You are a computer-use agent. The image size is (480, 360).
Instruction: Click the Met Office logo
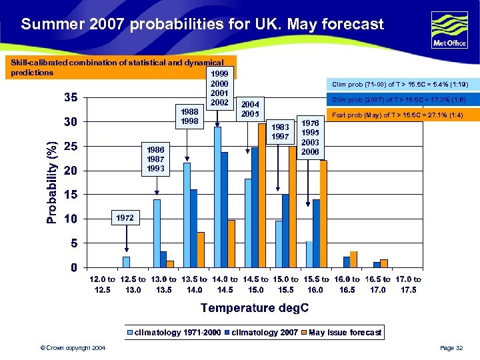coord(449,29)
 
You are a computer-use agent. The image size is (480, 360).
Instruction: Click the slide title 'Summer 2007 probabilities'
coord(202,25)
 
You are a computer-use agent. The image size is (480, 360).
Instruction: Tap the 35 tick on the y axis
coord(70,97)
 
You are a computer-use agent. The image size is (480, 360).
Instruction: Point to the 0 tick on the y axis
coord(75,267)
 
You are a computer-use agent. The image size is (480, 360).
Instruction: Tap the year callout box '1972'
coord(125,218)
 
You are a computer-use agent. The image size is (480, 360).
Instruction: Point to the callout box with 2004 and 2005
coord(250,109)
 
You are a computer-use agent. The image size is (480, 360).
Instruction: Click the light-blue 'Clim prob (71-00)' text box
coord(400,85)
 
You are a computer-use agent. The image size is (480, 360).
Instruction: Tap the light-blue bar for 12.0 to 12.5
coord(126,262)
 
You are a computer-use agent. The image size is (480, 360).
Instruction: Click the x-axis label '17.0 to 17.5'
coord(408,285)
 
